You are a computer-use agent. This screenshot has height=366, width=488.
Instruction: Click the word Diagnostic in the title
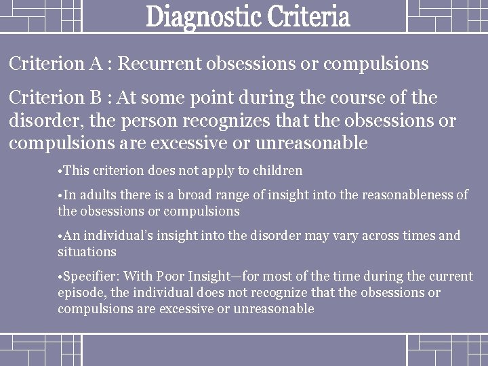199,18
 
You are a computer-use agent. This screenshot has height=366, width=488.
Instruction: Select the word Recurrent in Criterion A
160,64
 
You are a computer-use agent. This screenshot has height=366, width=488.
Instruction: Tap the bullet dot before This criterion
60,170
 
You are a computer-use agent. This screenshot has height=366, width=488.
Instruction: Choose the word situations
87,251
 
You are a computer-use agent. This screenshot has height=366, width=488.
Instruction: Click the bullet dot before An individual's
60,236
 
